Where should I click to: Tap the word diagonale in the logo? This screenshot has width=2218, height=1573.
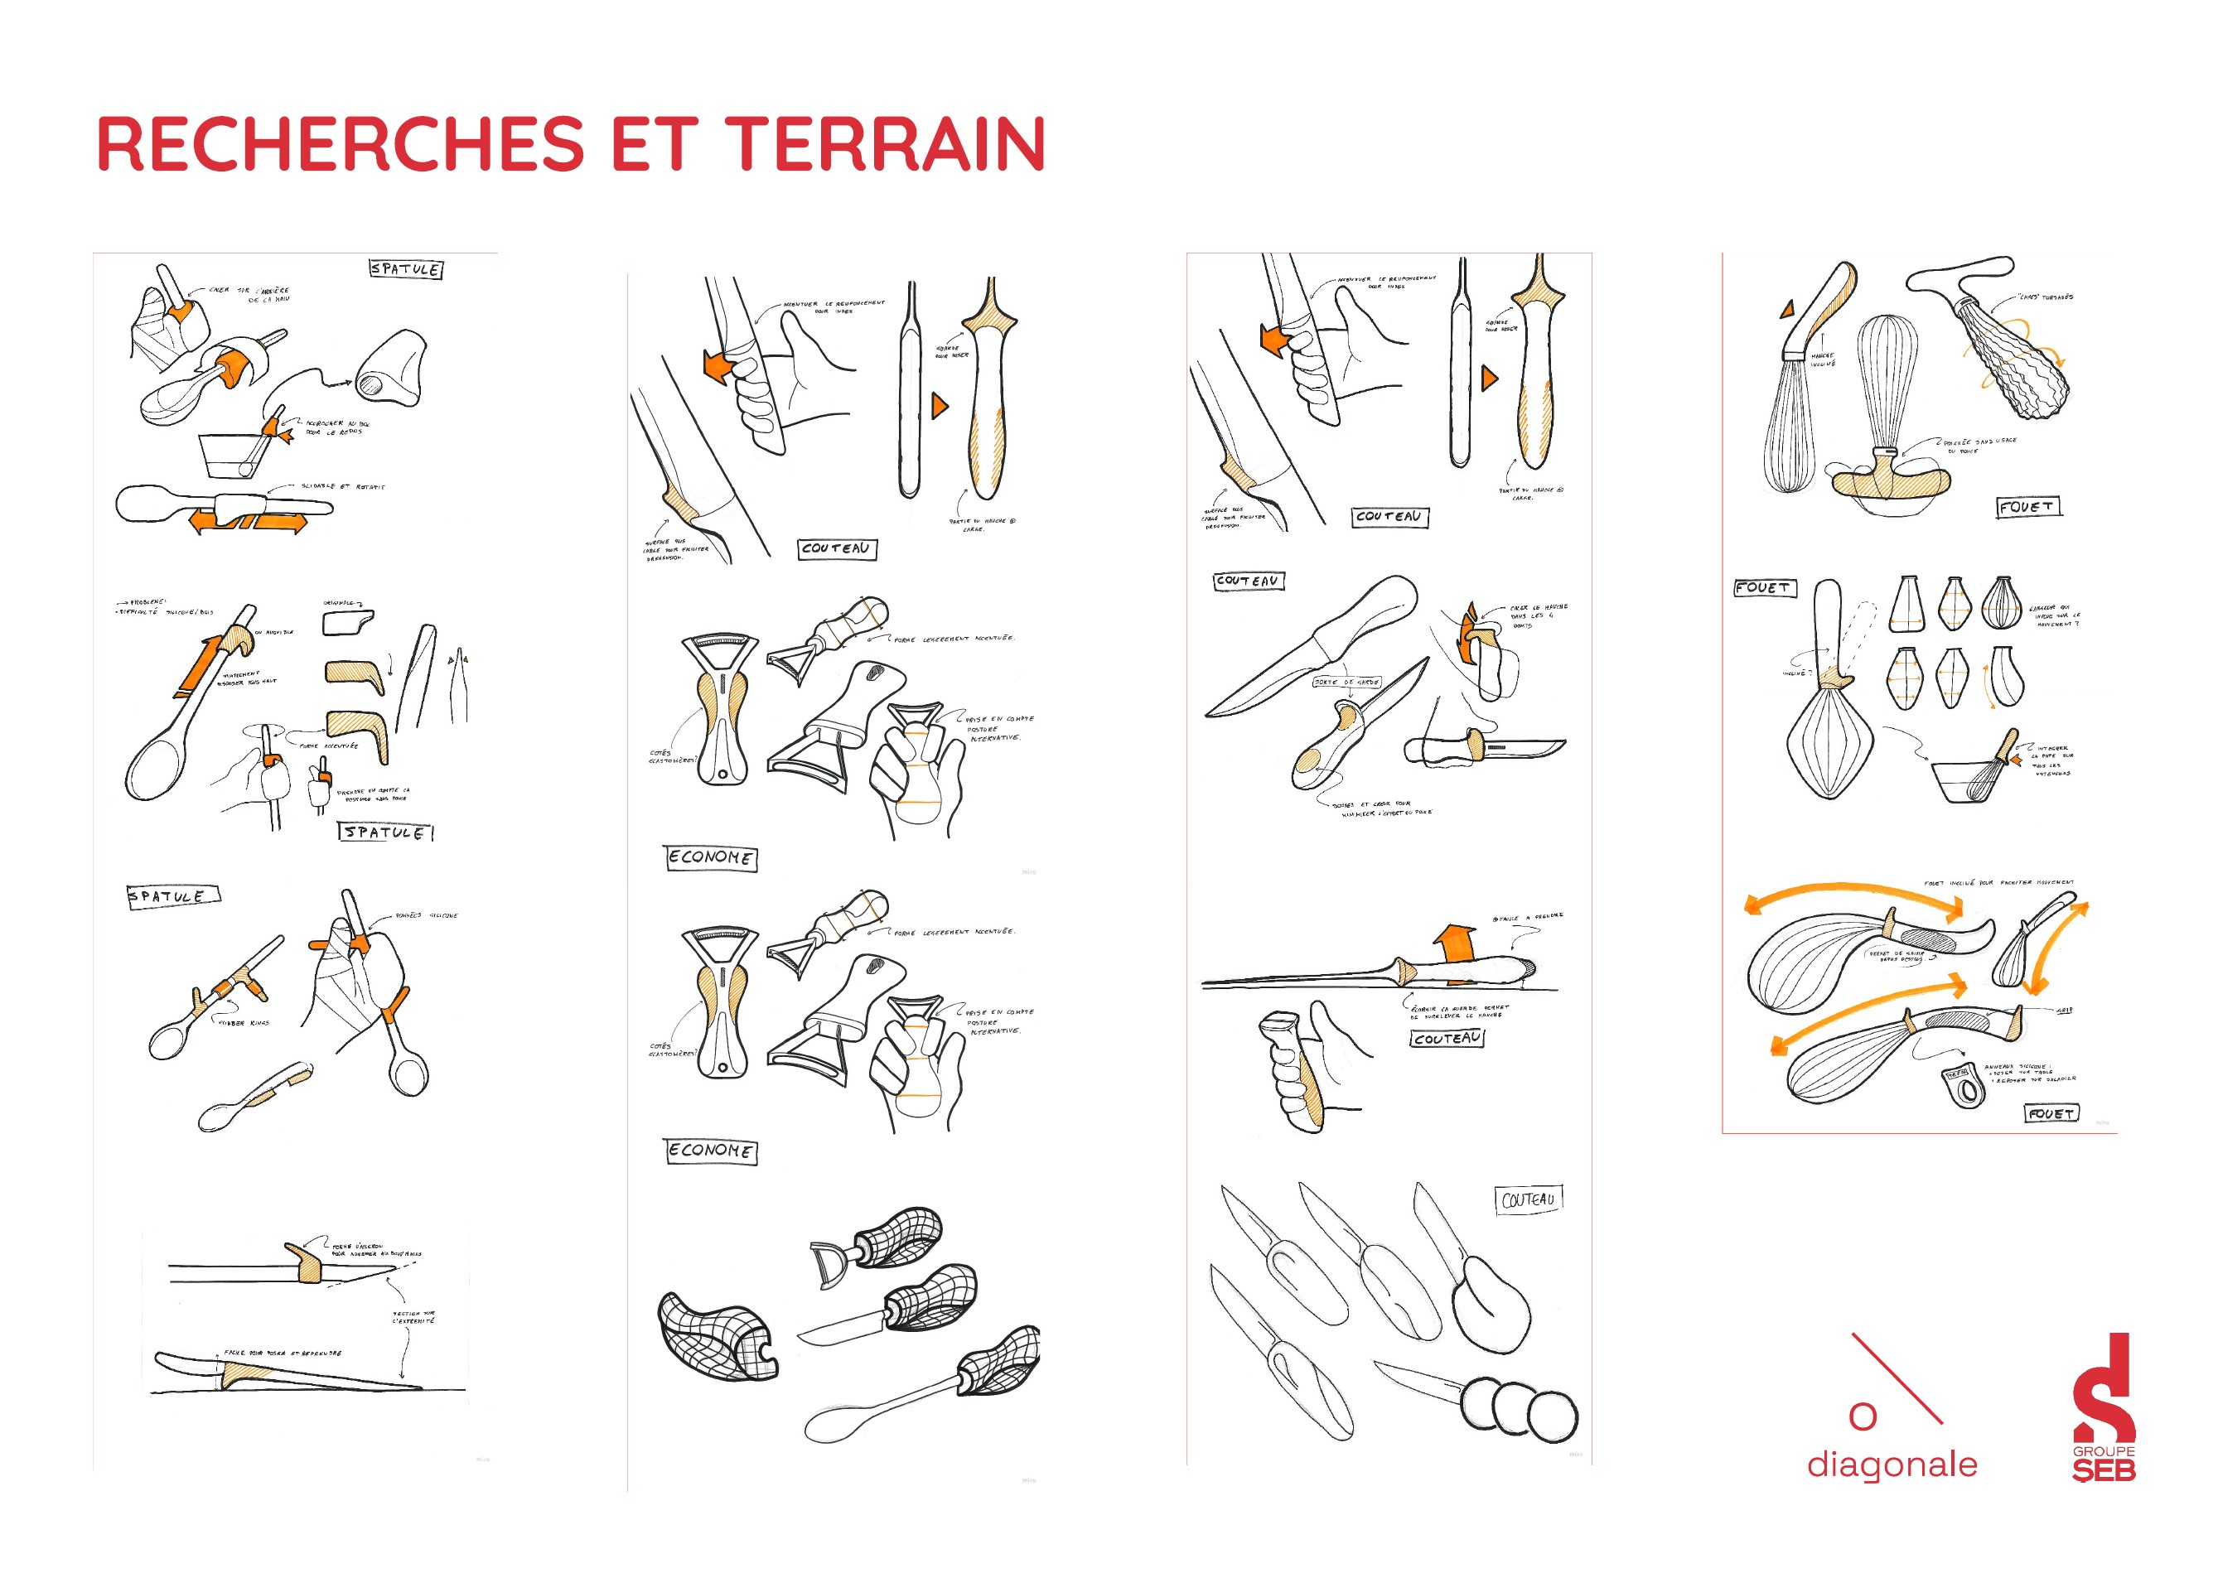pyautogui.click(x=1891, y=1464)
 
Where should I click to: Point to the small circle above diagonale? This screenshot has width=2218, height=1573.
pyautogui.click(x=1862, y=1416)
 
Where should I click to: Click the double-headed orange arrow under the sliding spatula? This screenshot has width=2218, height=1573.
pyautogui.click(x=248, y=523)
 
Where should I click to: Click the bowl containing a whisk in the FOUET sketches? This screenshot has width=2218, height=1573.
pyautogui.click(x=1966, y=780)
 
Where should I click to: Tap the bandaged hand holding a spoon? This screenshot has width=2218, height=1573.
pyautogui.click(x=354, y=978)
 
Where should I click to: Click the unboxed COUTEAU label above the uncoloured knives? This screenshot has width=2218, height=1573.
pyautogui.click(x=1528, y=1199)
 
